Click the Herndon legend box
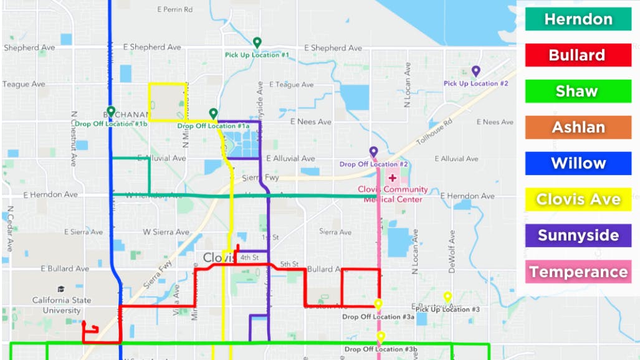coord(578,19)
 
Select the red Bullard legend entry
coord(578,55)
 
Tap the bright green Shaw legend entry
coord(578,91)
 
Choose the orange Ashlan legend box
coord(578,127)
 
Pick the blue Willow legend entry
coord(578,163)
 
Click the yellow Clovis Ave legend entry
coord(578,199)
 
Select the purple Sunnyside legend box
coord(578,235)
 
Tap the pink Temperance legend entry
coord(578,272)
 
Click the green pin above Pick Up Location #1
coord(257,42)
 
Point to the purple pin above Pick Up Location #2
coord(476,71)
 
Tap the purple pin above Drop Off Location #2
coord(373,151)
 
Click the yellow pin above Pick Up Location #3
coord(447,296)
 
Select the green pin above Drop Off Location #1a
coord(213,113)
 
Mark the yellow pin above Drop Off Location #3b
coord(381,337)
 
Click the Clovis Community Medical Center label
coord(393,194)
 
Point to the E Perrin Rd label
coord(175,9)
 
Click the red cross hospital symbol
coord(393,178)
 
